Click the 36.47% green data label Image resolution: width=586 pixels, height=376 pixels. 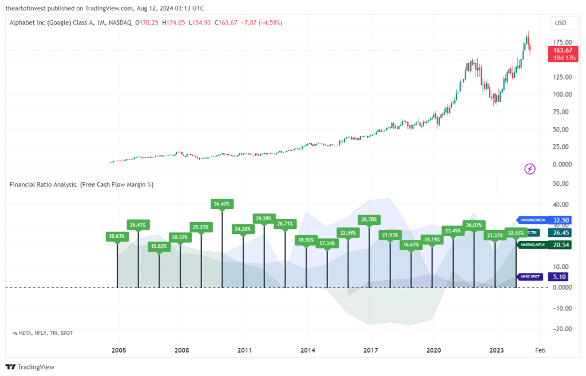tap(222, 203)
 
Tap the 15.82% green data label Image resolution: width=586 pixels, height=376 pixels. tap(159, 247)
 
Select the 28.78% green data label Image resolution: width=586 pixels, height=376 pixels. tap(369, 219)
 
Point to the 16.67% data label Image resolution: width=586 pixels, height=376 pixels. tap(411, 244)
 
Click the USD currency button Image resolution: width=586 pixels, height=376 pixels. tap(560, 23)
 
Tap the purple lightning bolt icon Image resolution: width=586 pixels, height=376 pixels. tap(530, 168)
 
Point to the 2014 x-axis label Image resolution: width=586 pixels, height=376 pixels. tap(308, 350)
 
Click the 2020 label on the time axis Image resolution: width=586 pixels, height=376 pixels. tap(434, 350)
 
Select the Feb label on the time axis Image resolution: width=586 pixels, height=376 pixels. tap(540, 350)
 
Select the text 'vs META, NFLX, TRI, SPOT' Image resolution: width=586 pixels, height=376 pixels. tap(42, 333)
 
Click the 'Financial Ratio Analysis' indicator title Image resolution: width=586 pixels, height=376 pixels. tap(81, 184)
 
